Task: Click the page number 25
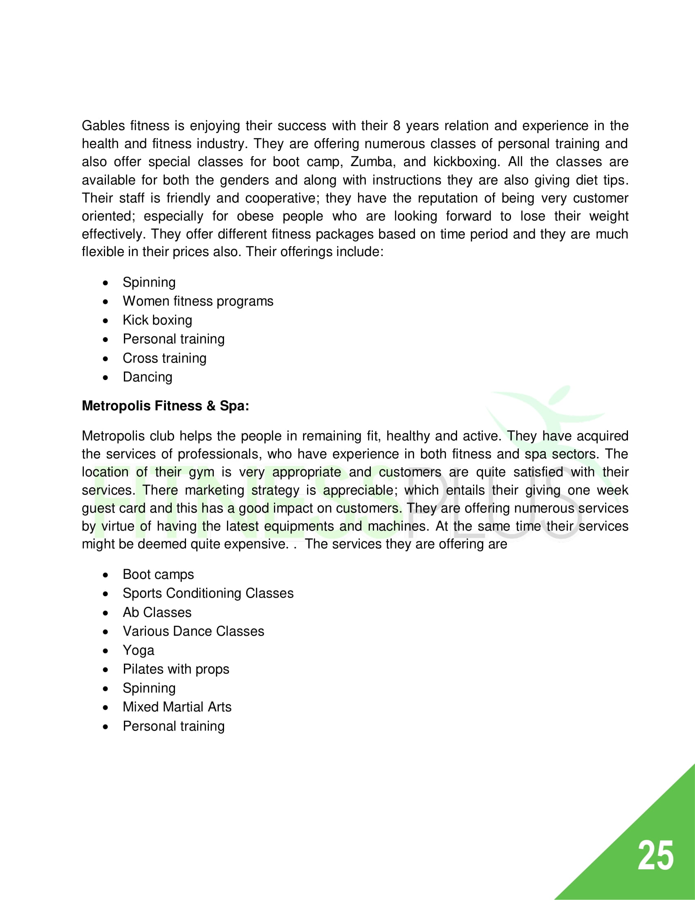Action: [x=655, y=856]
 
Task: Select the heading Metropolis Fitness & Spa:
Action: [x=165, y=406]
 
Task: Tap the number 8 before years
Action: [x=397, y=126]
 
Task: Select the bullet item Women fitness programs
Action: [x=197, y=301]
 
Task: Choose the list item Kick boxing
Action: [x=157, y=320]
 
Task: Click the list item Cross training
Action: [x=164, y=358]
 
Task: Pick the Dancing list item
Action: [x=148, y=377]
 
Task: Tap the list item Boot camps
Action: [x=158, y=574]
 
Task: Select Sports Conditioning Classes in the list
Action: [x=208, y=594]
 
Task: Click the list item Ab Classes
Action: [x=157, y=612]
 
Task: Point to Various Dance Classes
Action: [x=193, y=631]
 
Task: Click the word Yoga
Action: [x=138, y=650]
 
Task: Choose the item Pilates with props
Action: [x=176, y=669]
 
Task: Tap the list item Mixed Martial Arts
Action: [x=177, y=707]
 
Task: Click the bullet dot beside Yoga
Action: [x=106, y=651]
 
